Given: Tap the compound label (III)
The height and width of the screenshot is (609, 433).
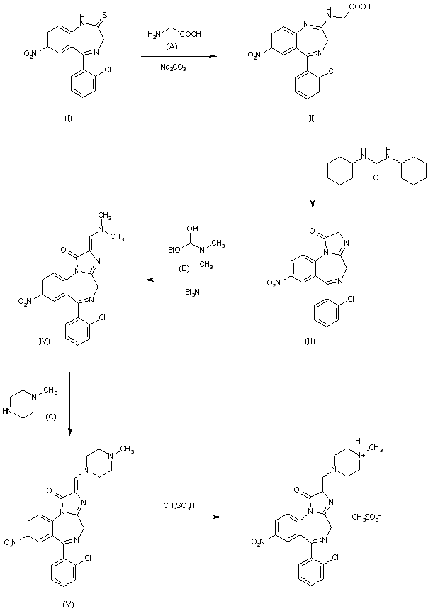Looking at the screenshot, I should click(x=309, y=342).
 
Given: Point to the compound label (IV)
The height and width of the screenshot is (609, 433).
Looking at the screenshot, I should click(x=42, y=341).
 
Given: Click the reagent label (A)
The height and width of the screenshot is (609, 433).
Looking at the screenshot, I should click(x=172, y=46).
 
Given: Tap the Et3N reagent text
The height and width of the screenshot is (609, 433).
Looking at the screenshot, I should click(x=191, y=291).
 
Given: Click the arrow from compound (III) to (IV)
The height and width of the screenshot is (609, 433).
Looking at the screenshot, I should click(x=191, y=280).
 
